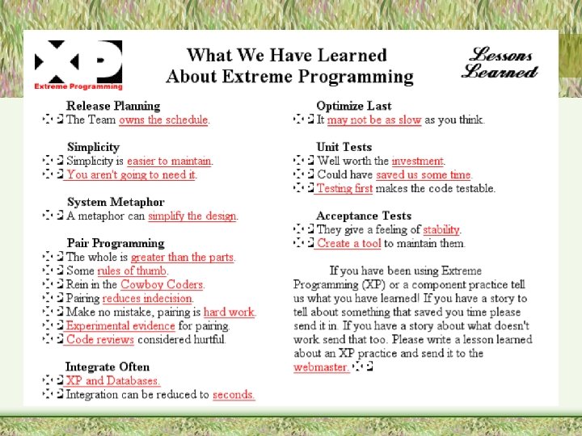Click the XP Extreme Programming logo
[x=78, y=65]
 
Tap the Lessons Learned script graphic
[x=500, y=63]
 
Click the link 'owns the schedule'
[x=163, y=120]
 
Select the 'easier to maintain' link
[x=170, y=161]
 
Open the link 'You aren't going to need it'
[x=131, y=175]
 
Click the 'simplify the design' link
[x=192, y=216]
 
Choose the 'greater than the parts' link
[x=183, y=258]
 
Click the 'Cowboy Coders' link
[x=162, y=285]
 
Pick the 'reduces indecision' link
[x=148, y=299]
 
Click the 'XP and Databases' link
[x=112, y=381]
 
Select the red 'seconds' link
[x=234, y=395]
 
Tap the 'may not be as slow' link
[x=374, y=120]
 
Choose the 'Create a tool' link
[x=348, y=244]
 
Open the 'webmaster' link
[x=321, y=367]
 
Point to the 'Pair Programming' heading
[x=116, y=243]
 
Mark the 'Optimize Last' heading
[x=354, y=106]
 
